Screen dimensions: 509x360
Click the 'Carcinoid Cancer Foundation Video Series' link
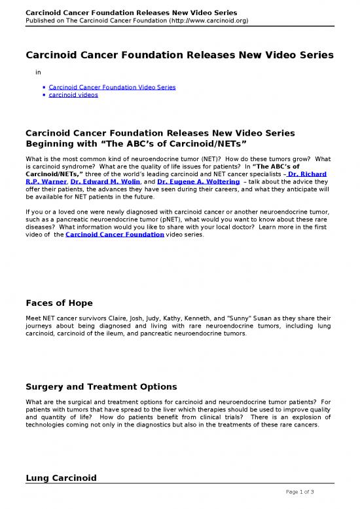pos(112,86)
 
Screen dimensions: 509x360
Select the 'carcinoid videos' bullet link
pos(73,94)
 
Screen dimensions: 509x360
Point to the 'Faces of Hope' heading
pos(59,303)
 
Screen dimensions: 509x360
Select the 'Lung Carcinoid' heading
pos(60,479)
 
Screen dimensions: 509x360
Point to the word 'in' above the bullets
pos(39,72)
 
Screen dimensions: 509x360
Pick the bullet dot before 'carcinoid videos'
pos(43,94)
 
